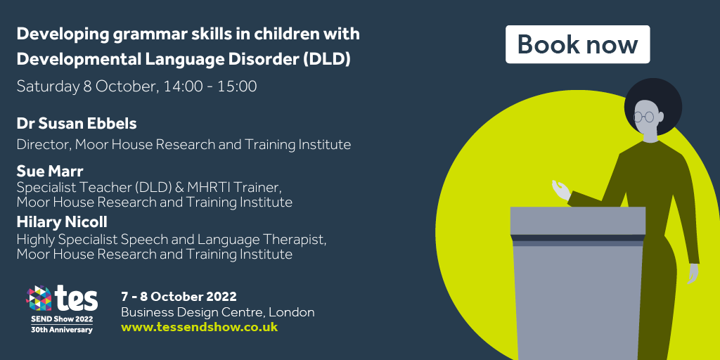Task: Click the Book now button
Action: click(578, 44)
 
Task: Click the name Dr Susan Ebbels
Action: click(77, 124)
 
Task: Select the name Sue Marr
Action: click(50, 172)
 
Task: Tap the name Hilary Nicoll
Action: click(62, 222)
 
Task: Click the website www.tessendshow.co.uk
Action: click(199, 327)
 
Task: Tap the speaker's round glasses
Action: click(643, 117)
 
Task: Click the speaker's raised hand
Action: click(560, 189)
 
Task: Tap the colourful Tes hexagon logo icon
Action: click(39, 298)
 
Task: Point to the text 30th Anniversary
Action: click(62, 330)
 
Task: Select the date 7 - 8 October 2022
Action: click(179, 296)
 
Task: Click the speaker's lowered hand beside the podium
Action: click(693, 274)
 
